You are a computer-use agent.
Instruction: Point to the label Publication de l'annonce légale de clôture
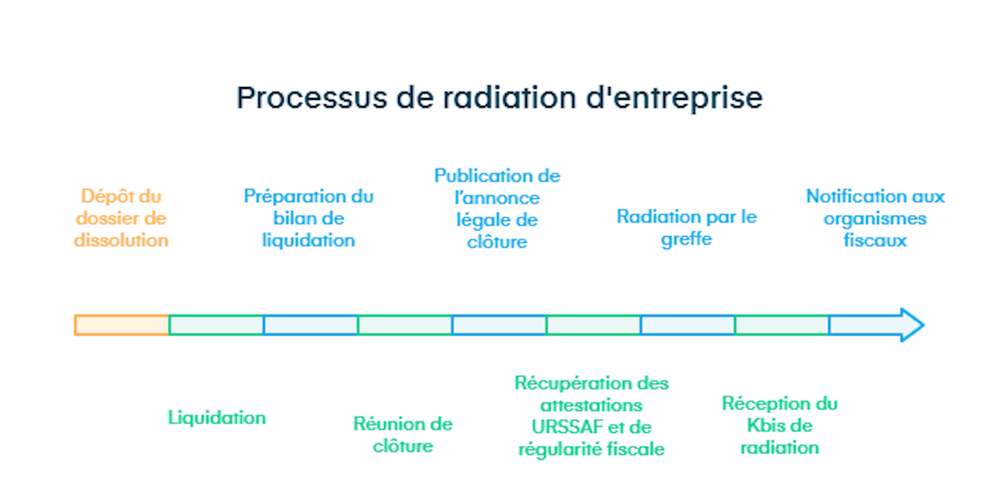(x=497, y=209)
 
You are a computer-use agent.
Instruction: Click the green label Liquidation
(x=217, y=418)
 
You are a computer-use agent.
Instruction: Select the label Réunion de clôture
(x=403, y=435)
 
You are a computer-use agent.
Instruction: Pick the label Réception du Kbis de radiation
(x=779, y=425)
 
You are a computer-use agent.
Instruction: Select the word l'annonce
(x=497, y=198)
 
